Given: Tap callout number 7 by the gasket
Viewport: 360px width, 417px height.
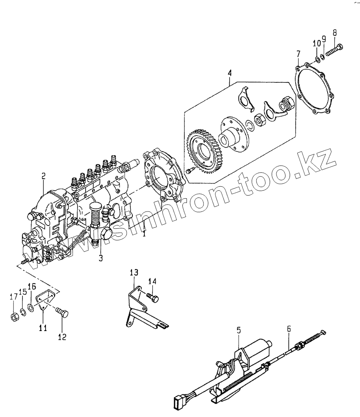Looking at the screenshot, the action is click(298, 54).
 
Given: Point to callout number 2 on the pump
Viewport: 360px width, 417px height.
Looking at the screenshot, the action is click(43, 176).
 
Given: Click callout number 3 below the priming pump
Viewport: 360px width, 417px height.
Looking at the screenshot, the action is click(100, 258).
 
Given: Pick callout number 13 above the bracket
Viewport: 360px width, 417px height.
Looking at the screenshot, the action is click(134, 273).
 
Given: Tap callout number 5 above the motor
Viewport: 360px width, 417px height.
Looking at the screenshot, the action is click(238, 330).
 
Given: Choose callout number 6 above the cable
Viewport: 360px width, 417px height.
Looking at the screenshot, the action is click(289, 329).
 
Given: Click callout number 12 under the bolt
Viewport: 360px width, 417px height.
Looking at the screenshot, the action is click(62, 336).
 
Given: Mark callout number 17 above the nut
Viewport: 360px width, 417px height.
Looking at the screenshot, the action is click(14, 296).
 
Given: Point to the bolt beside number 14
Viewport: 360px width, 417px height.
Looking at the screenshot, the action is click(154, 297).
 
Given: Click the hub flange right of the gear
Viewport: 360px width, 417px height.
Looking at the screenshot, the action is click(233, 134).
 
